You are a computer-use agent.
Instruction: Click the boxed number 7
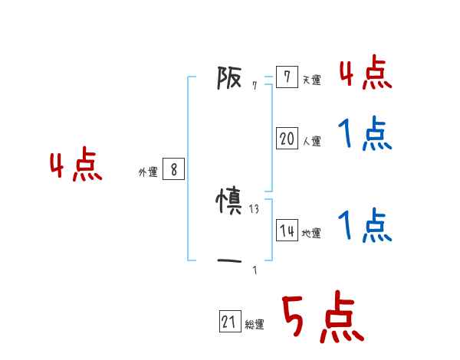287,77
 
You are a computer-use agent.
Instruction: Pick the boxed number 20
287,139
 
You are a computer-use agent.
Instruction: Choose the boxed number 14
287,231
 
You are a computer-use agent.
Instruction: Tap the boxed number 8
173,170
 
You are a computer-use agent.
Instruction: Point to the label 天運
311,80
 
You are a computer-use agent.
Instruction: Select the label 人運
311,141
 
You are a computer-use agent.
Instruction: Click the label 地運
311,233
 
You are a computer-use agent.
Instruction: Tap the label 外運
147,172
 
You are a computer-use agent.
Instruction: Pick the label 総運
255,325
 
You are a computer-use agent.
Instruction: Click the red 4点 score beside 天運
366,74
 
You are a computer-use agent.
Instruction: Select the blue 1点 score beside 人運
366,135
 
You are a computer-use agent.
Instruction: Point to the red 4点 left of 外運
76,167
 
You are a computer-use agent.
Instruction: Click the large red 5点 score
322,318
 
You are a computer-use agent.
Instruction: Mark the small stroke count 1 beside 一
255,270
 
